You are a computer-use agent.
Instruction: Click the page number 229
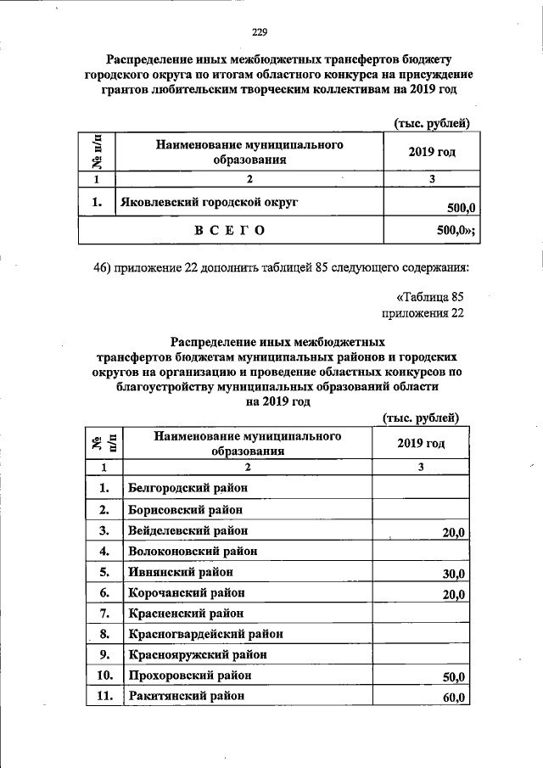260,33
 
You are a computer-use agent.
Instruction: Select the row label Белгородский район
182,488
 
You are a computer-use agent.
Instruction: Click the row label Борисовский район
185,510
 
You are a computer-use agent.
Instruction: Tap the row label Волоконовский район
192,552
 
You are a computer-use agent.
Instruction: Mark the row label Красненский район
185,613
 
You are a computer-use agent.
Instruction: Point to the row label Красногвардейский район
204,634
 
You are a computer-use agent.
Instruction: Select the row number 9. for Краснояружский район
104,655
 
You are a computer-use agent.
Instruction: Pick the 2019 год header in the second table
421,443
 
